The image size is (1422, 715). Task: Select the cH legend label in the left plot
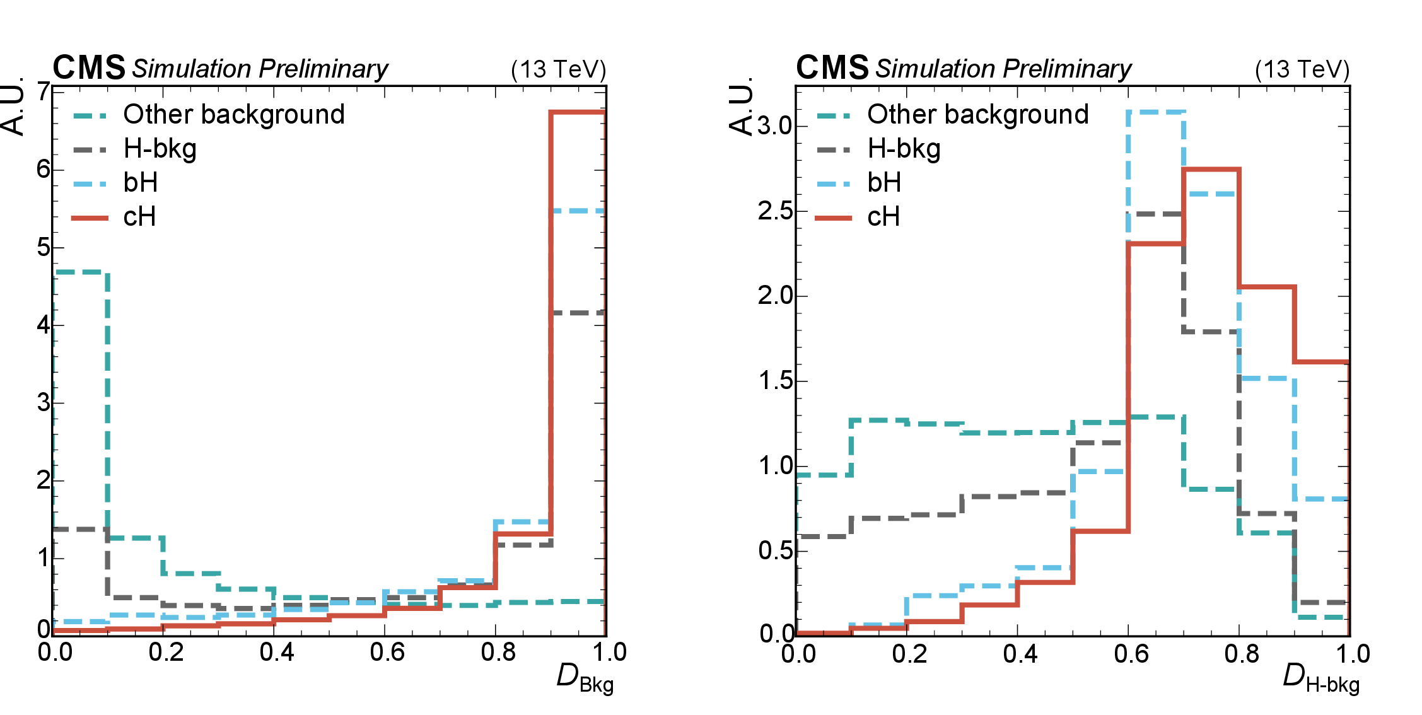click(139, 217)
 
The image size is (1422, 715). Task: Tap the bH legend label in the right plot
click(884, 183)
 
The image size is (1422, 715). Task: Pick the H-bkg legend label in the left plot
click(160, 149)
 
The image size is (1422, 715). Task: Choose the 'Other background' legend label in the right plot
click(977, 114)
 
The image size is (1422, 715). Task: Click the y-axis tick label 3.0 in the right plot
click(774, 126)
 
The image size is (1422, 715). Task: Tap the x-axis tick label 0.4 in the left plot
click(277, 653)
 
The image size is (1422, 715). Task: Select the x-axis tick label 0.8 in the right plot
click(1242, 654)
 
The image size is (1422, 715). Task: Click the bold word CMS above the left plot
click(89, 67)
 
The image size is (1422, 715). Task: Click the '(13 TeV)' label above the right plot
click(1302, 69)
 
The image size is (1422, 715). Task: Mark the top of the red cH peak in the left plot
click(578, 112)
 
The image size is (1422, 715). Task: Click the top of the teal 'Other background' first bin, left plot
click(81, 272)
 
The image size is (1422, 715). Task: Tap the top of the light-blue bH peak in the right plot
click(1156, 112)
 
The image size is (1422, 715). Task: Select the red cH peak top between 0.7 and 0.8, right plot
click(1211, 169)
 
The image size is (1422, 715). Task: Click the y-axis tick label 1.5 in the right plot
click(774, 381)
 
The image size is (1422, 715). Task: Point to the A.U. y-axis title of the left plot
click(14, 107)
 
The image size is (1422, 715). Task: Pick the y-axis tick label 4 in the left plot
click(43, 325)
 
